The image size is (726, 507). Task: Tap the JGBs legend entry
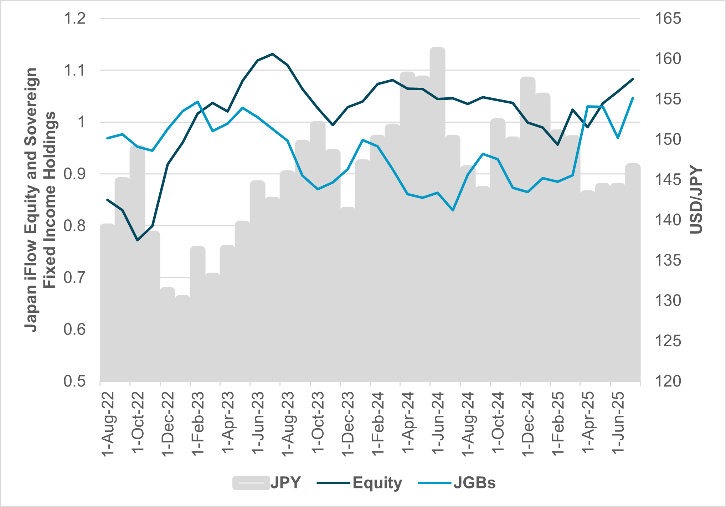(x=457, y=483)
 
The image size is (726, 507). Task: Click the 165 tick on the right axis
(x=668, y=19)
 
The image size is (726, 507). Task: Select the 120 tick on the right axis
(x=668, y=381)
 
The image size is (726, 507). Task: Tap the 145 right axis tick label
(x=668, y=179)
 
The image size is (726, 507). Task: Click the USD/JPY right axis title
(x=696, y=200)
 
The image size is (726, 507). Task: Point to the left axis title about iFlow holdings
(x=40, y=200)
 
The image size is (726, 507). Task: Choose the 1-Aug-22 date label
(x=108, y=423)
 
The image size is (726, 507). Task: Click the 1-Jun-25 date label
(x=618, y=423)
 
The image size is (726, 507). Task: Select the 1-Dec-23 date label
(x=348, y=423)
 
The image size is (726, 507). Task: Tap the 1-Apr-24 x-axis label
(x=408, y=423)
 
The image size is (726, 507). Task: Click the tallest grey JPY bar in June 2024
(x=438, y=214)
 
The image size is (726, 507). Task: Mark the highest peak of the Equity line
(x=272, y=54)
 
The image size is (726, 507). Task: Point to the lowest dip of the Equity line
(x=138, y=240)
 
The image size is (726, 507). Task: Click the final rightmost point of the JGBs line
(x=633, y=98)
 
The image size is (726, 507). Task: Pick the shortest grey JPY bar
(x=182, y=339)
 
